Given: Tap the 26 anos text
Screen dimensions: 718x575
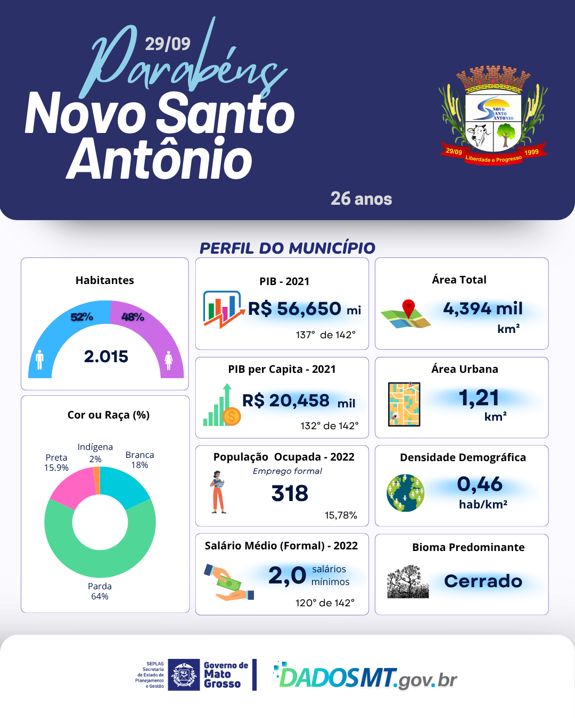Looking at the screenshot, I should pos(361,199).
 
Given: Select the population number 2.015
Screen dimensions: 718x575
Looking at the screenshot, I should pos(106,356).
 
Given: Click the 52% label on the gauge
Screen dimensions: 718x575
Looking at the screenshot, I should pos(82,317).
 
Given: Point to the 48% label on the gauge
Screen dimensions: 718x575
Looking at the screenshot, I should pos(133,317).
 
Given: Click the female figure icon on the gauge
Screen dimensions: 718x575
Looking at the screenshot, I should pos(169,360).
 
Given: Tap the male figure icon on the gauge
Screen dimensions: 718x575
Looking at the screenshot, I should pos(39,360).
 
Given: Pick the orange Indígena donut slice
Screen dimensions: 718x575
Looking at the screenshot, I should pos(97,480).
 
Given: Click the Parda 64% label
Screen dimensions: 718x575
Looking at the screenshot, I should pos(100,591).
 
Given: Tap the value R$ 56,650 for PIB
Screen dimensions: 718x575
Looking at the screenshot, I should pos(295,308).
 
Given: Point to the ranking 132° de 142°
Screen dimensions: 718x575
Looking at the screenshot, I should pos(330,425).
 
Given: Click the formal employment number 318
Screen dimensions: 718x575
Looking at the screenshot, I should pos(290,494).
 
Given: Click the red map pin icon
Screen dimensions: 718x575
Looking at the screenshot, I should pos(408,308).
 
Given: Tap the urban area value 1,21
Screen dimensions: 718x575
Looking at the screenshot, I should pos(479,398).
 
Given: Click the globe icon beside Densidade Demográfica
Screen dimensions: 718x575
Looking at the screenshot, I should pos(406,492).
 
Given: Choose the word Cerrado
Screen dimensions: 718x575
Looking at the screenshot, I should pos(483,581).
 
